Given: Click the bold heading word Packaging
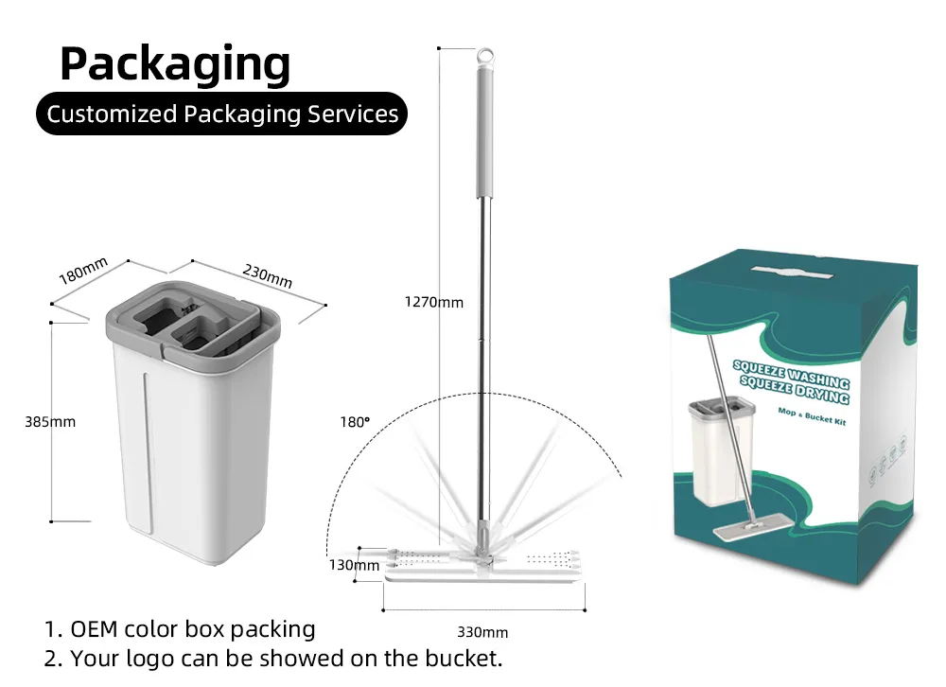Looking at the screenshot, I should [x=175, y=64].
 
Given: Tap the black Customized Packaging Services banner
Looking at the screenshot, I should [x=222, y=114].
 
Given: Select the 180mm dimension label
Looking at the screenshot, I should [x=83, y=271].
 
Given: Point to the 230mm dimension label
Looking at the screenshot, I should [x=268, y=275].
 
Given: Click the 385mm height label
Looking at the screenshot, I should [x=49, y=421].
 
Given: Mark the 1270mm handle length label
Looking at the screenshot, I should [x=434, y=302].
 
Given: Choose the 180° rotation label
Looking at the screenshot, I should [x=354, y=422].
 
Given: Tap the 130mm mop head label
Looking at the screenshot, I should [x=354, y=565].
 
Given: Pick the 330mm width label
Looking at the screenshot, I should [x=482, y=632].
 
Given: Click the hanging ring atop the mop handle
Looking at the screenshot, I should [x=484, y=58].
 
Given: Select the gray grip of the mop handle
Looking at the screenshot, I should [x=484, y=132].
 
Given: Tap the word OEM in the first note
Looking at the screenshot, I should [x=94, y=628].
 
